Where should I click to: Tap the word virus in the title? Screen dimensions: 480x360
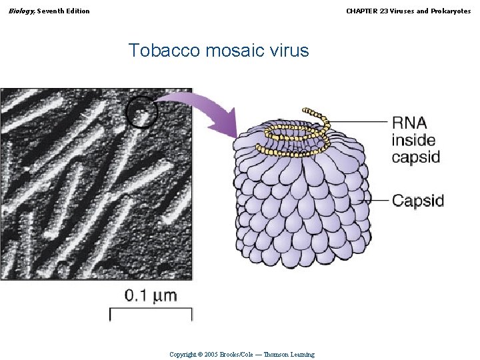click(x=287, y=50)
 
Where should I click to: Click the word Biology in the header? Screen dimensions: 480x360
click(x=21, y=11)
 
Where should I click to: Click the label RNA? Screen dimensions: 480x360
click(x=409, y=123)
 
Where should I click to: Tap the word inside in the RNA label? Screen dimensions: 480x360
click(x=413, y=140)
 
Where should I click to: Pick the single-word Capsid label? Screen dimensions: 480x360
click(x=418, y=200)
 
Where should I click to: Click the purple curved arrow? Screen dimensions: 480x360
click(x=200, y=107)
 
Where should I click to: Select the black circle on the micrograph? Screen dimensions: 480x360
click(x=141, y=111)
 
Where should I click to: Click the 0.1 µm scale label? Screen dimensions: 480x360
click(x=151, y=295)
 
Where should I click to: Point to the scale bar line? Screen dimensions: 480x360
click(x=151, y=309)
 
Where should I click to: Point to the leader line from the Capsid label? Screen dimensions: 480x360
click(x=373, y=199)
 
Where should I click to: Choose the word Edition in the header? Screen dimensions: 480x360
click(x=77, y=11)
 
